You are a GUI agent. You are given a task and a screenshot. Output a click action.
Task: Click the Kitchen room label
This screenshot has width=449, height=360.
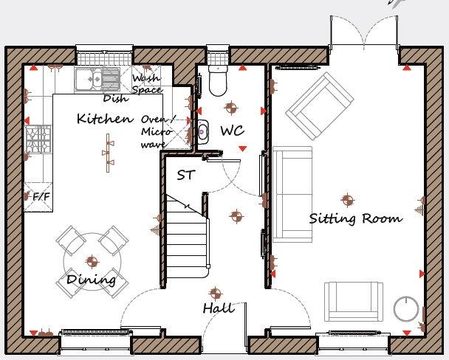pos(105,119)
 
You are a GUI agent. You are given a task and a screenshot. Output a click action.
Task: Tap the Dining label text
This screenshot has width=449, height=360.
pos(92,280)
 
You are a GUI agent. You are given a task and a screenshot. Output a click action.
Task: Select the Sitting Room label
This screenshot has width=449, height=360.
pos(355,218)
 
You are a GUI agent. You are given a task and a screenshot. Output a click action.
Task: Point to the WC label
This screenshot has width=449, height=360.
pos(232,131)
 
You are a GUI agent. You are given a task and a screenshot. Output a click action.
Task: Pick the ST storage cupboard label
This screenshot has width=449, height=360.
pos(186,176)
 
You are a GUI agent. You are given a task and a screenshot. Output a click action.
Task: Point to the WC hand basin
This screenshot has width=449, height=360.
pos(202,131)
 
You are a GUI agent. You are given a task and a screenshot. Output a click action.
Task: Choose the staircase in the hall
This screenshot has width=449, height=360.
pos(185,237)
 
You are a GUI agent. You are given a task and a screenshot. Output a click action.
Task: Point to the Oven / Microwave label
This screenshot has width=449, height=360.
pos(157,132)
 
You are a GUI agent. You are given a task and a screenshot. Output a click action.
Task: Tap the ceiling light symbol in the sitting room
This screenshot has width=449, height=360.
pos(347,198)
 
